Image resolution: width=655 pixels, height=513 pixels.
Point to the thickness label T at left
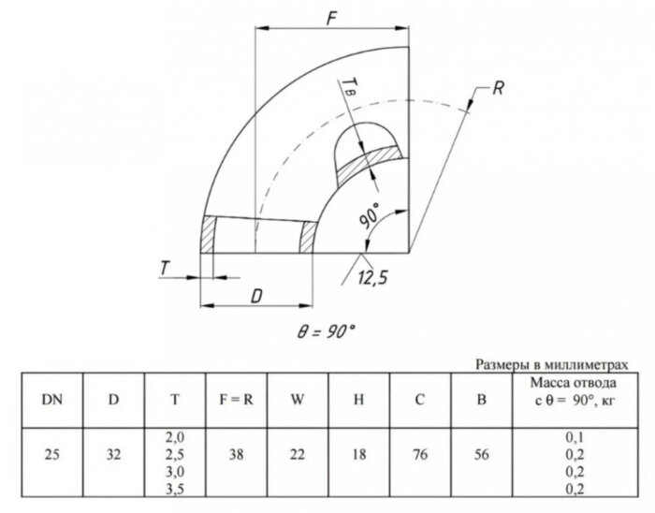point(165,269)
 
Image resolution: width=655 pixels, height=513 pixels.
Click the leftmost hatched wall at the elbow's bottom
point(208,234)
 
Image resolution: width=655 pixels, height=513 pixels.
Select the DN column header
point(52,400)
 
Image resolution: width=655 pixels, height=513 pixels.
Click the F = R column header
point(236,400)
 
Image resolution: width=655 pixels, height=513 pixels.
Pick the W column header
point(297,400)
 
